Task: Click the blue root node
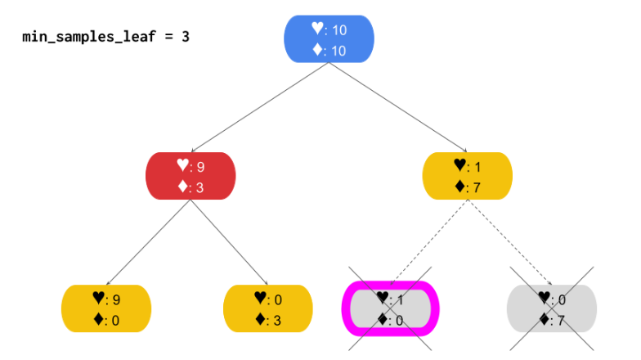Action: point(329,38)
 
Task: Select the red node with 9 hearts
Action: point(190,176)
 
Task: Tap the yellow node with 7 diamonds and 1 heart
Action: point(467,176)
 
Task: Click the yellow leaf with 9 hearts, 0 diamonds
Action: point(106,308)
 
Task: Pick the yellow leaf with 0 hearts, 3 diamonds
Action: point(268,308)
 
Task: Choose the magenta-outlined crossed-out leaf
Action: point(390,308)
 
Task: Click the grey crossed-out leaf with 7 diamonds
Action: point(552,308)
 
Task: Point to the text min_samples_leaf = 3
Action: point(105,37)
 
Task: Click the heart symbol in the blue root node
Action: point(317,29)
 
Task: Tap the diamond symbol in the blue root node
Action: point(317,50)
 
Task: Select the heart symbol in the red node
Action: point(182,165)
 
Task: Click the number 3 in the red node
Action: point(200,187)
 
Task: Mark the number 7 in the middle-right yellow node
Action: point(477,187)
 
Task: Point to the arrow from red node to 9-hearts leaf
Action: point(147,242)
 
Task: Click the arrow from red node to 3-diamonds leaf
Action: point(230,242)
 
